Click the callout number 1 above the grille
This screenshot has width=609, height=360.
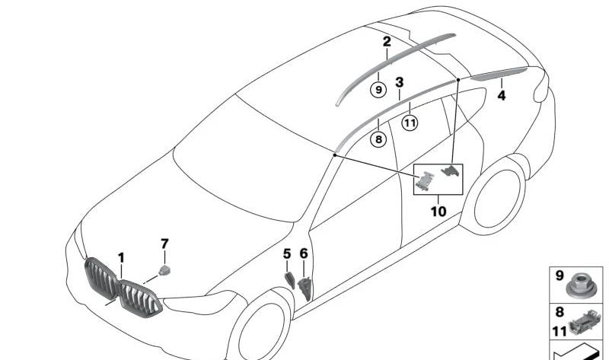pyautogui.click(x=121, y=258)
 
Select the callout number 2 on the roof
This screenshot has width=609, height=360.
pyautogui.click(x=387, y=42)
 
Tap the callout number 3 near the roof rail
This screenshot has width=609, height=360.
pyautogui.click(x=399, y=82)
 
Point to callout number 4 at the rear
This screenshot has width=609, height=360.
pyautogui.click(x=502, y=96)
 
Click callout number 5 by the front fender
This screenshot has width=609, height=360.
pyautogui.click(x=287, y=254)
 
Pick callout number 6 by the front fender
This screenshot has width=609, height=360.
pyautogui.click(x=304, y=253)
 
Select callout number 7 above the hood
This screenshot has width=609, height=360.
pyautogui.click(x=164, y=244)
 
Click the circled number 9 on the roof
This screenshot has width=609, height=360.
pyautogui.click(x=378, y=90)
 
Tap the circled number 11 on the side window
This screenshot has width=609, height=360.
pyautogui.click(x=410, y=123)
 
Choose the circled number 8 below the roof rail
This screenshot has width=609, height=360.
pyautogui.click(x=378, y=139)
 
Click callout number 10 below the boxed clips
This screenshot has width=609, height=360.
pyautogui.click(x=438, y=212)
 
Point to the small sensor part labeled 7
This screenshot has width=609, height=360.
pyautogui.click(x=164, y=270)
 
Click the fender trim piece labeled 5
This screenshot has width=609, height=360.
pyautogui.click(x=290, y=280)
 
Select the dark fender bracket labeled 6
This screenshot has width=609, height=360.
pyautogui.click(x=305, y=288)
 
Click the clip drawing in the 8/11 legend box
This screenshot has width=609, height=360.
pyautogui.click(x=585, y=321)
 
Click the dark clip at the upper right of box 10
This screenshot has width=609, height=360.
pyautogui.click(x=451, y=170)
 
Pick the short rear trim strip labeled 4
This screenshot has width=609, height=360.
pyautogui.click(x=499, y=73)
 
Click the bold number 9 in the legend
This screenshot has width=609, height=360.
pyautogui.click(x=560, y=276)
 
